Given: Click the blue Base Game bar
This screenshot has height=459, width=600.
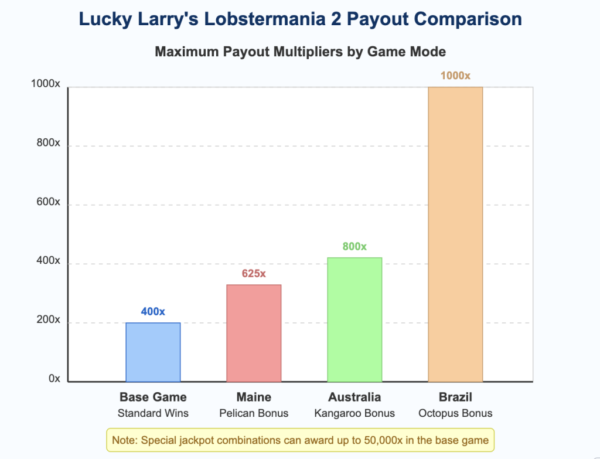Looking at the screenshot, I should click(153, 352).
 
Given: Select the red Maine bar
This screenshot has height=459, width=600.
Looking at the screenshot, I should click(254, 333).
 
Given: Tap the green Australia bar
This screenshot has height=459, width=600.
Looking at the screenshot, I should click(354, 319).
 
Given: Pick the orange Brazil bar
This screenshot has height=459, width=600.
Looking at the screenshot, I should click(455, 234).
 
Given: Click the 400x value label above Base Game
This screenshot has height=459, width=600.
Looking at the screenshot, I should click(153, 311).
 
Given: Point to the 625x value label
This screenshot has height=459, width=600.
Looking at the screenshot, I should click(254, 274).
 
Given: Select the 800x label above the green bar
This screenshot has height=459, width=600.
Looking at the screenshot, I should click(354, 247).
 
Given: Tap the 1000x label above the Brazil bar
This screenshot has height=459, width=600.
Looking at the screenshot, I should click(455, 76).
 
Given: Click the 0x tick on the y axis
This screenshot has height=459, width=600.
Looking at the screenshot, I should click(54, 379).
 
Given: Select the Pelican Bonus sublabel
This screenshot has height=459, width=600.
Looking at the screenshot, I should click(254, 413).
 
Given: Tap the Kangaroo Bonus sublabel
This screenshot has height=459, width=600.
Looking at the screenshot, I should click(354, 413).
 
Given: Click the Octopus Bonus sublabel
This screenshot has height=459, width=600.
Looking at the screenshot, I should click(455, 413).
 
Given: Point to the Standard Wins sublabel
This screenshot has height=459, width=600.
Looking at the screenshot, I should click(153, 413).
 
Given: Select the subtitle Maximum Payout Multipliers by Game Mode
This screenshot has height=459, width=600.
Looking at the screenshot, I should click(300, 52).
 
